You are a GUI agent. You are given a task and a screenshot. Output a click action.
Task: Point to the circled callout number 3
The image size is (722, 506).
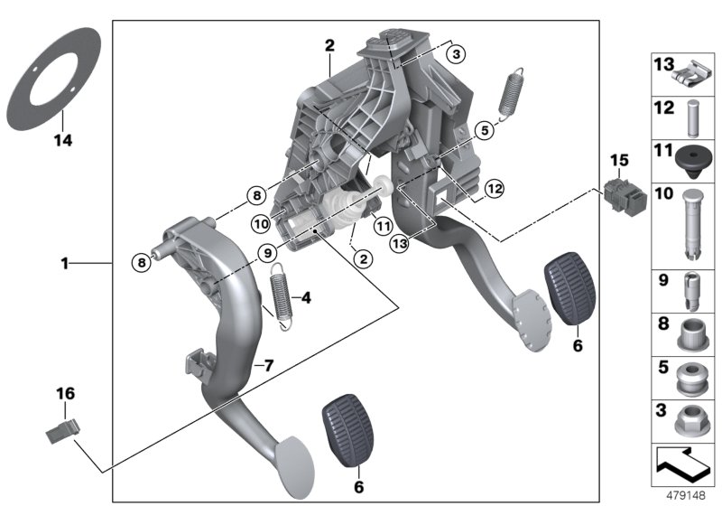click(x=458, y=54)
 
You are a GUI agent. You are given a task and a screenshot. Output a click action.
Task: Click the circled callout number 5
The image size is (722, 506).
click(x=484, y=130)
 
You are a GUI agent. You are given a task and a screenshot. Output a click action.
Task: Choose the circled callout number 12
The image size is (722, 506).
click(x=492, y=189)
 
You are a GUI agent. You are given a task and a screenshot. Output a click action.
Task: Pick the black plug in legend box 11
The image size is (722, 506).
click(x=690, y=158)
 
